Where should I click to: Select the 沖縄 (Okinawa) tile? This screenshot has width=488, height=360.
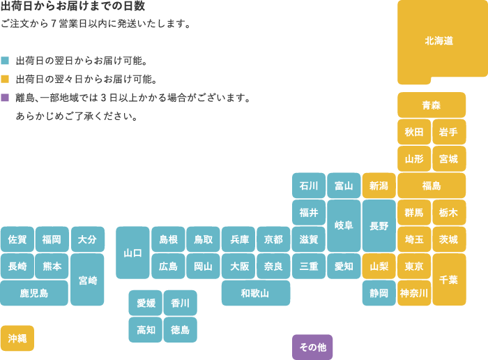(x=17, y=338)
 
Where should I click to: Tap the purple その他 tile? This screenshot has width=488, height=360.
(x=312, y=347)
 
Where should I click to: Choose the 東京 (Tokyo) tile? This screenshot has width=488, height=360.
(x=414, y=266)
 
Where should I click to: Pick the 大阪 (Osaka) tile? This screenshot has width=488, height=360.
(x=238, y=266)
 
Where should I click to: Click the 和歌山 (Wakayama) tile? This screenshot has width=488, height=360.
(x=256, y=293)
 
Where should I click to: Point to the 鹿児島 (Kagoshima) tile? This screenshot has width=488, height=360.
(x=34, y=293)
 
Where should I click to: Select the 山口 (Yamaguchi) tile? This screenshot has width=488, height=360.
(x=132, y=253)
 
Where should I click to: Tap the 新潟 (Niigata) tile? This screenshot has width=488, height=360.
(x=379, y=186)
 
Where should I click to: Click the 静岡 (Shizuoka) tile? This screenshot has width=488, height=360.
(x=379, y=293)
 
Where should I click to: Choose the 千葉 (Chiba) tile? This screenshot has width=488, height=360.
(x=449, y=279)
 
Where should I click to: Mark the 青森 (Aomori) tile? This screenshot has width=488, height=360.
(x=432, y=105)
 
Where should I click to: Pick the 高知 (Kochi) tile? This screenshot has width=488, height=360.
(x=145, y=329)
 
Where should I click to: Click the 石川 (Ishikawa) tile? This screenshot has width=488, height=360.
(x=309, y=186)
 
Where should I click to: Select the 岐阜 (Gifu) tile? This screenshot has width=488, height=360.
(x=344, y=226)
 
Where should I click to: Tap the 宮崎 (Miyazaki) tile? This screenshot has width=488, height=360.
(x=87, y=279)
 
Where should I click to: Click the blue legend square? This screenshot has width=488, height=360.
(x=5, y=61)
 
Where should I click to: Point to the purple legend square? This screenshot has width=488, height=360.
(x=5, y=98)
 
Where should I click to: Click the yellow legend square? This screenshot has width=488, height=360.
(x=5, y=79)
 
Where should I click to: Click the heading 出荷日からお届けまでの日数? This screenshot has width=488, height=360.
(x=73, y=6)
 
